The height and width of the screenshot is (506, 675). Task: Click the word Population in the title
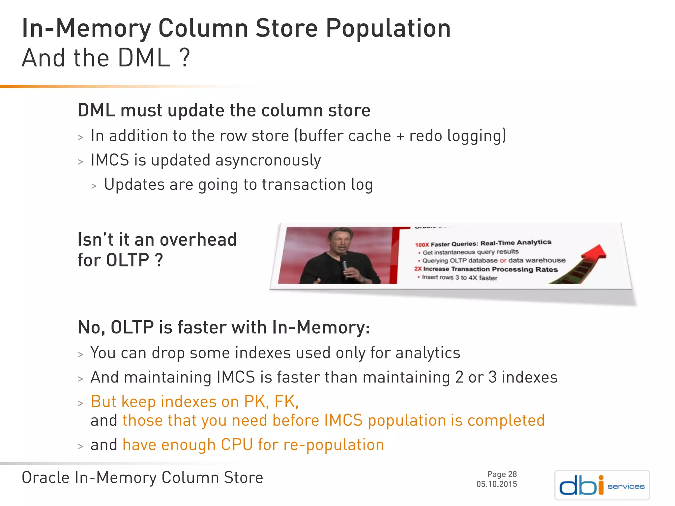pyautogui.click(x=388, y=29)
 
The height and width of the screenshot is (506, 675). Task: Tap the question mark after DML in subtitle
pyautogui.click(x=185, y=58)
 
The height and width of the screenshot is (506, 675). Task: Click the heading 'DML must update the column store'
pyautogui.click(x=224, y=110)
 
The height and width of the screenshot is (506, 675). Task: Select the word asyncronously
pyautogui.click(x=268, y=161)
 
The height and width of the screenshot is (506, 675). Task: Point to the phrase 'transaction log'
pyautogui.click(x=317, y=185)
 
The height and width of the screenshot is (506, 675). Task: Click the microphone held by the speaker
pyautogui.click(x=345, y=264)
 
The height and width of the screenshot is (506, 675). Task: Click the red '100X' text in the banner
pyautogui.click(x=422, y=245)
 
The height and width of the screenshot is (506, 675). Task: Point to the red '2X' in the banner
pyautogui.click(x=418, y=269)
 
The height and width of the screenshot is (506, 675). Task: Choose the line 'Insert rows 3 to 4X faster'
pyautogui.click(x=459, y=277)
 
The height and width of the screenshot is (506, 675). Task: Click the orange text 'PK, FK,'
pyautogui.click(x=271, y=402)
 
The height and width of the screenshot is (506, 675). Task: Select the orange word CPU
pyautogui.click(x=237, y=445)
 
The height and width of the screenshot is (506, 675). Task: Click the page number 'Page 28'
pyautogui.click(x=502, y=474)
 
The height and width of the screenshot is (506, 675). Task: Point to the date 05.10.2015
pyautogui.click(x=496, y=484)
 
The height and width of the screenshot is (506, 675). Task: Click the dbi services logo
pyautogui.click(x=602, y=485)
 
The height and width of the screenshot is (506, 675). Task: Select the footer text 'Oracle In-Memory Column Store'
pyautogui.click(x=142, y=478)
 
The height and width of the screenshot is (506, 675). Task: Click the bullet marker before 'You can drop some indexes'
pyautogui.click(x=80, y=355)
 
